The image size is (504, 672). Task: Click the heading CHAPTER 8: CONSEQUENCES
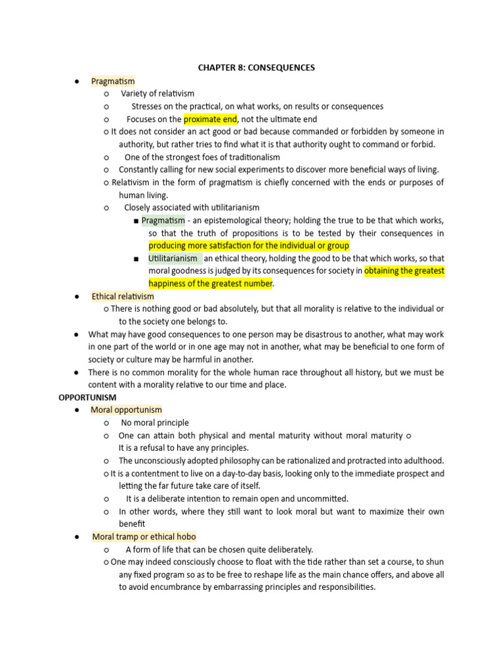pyautogui.click(x=257, y=67)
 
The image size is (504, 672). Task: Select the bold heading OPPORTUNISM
pyautogui.click(x=87, y=398)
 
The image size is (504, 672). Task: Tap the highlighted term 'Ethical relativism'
pyautogui.click(x=123, y=297)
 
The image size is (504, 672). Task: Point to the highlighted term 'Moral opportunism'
pyautogui.click(x=126, y=410)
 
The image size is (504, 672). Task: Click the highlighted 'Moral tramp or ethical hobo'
pyautogui.click(x=144, y=537)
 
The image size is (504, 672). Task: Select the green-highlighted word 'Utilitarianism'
pyautogui.click(x=173, y=259)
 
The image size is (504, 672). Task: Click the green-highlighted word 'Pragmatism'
pyautogui.click(x=163, y=220)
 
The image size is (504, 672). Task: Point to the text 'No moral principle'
pyautogui.click(x=155, y=423)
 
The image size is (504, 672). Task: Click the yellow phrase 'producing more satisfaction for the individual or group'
pyautogui.click(x=249, y=245)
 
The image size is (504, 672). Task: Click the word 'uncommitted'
pyautogui.click(x=322, y=499)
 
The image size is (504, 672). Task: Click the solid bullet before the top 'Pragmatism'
pyautogui.click(x=77, y=81)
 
